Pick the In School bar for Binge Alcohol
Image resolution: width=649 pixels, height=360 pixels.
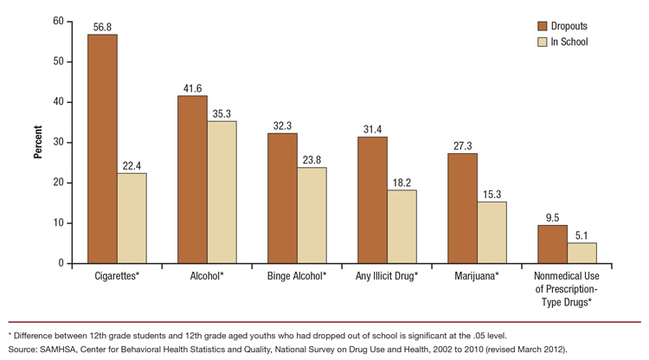point(312,215)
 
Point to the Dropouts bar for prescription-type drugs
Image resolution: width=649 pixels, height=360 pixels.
point(552,244)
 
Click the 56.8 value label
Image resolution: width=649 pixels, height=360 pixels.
point(102,26)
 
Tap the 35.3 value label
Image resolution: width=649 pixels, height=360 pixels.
point(222,112)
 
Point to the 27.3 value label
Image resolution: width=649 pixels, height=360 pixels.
point(462,145)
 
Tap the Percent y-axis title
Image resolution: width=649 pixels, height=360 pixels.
point(37,142)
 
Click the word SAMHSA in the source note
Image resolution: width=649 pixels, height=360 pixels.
point(59,349)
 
